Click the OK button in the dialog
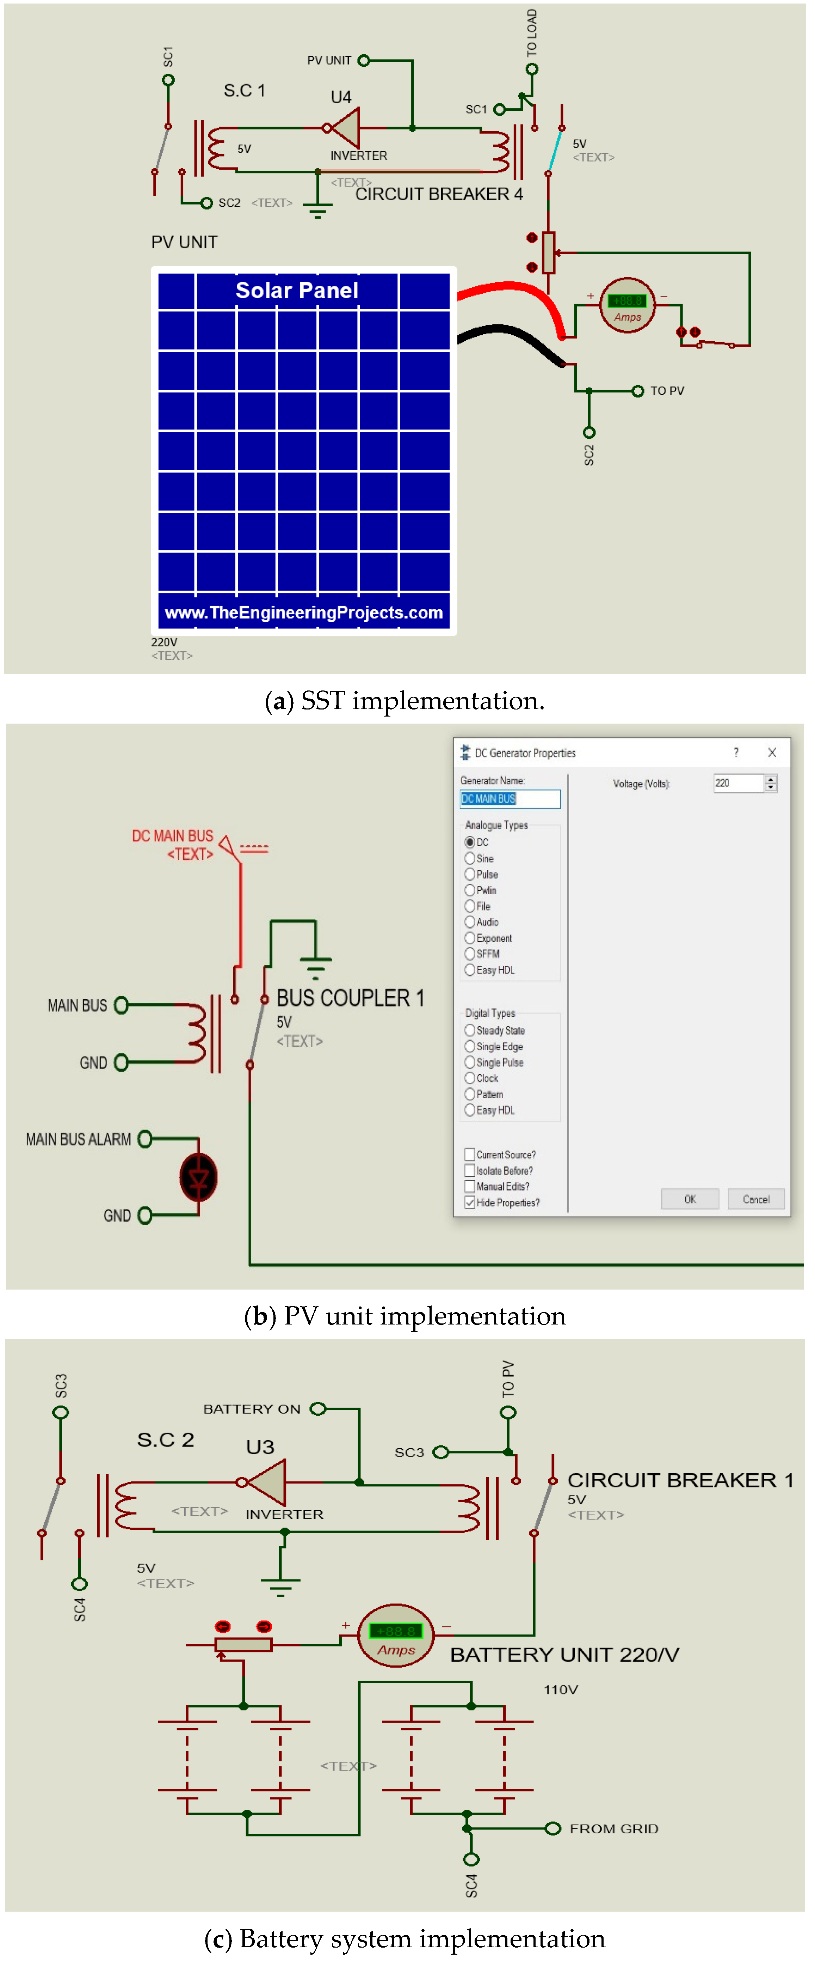point(690,1199)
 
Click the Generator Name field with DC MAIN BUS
point(510,799)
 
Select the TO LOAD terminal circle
point(532,69)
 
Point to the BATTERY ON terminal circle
point(318,1409)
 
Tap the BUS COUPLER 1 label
point(350,998)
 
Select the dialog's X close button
point(772,752)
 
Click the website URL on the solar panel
point(304,613)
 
